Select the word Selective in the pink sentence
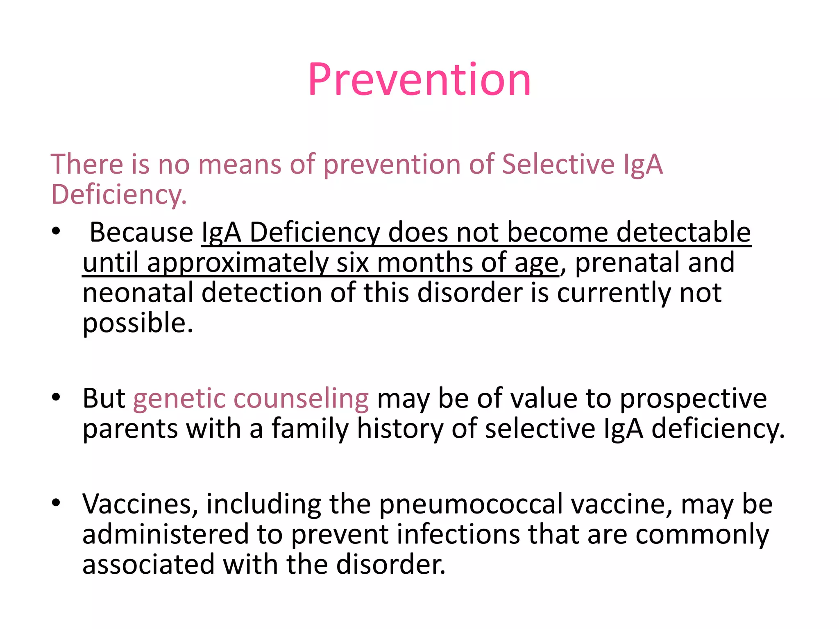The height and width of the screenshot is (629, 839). tap(558, 164)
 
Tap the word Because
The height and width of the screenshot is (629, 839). tap(141, 232)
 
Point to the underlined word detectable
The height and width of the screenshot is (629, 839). tap(683, 232)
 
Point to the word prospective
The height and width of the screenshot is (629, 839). tap(693, 399)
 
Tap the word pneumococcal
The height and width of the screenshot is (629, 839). tap(471, 505)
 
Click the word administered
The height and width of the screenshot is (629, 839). tap(166, 534)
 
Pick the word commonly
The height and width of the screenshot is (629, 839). tap(702, 535)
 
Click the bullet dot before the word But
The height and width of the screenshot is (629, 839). tap(56, 396)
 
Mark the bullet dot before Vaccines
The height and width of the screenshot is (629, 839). tap(56, 502)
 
